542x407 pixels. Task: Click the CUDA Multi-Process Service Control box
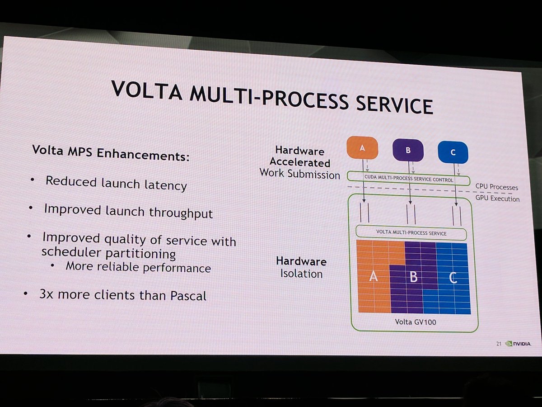click(408, 179)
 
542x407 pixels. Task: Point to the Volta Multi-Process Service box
click(411, 233)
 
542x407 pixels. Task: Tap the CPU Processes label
click(496, 187)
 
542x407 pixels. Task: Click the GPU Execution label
click(497, 199)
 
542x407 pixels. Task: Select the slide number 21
click(498, 344)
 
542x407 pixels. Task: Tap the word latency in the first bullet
click(164, 185)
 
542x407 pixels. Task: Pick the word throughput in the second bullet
click(186, 213)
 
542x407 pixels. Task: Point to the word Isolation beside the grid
click(301, 274)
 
